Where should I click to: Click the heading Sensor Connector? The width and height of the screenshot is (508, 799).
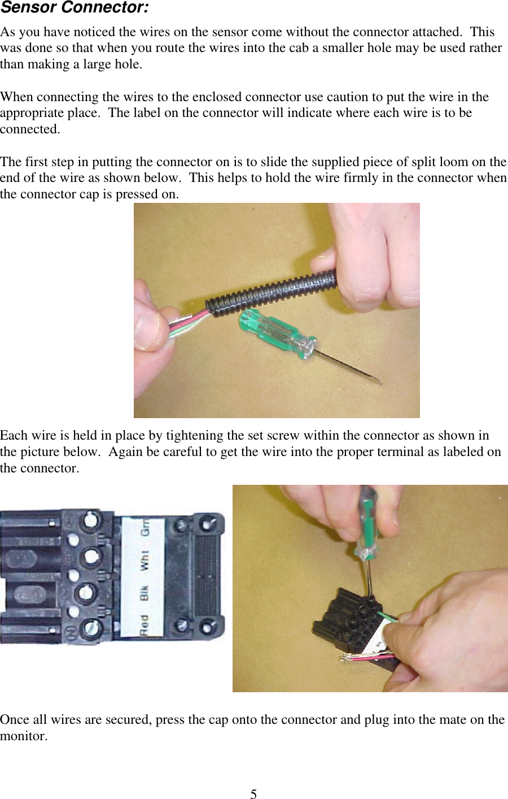pyautogui.click(x=75, y=8)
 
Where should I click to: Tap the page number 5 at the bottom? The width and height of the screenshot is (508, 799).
pyautogui.click(x=253, y=794)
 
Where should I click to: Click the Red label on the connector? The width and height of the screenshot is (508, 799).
pyautogui.click(x=144, y=626)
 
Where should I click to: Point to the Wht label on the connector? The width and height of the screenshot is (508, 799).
pyautogui.click(x=144, y=560)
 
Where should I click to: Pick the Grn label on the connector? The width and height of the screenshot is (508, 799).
pyautogui.click(x=145, y=527)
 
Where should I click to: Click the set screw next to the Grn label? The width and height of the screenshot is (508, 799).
pyautogui.click(x=90, y=521)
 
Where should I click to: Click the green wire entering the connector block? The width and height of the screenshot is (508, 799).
pyautogui.click(x=388, y=616)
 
